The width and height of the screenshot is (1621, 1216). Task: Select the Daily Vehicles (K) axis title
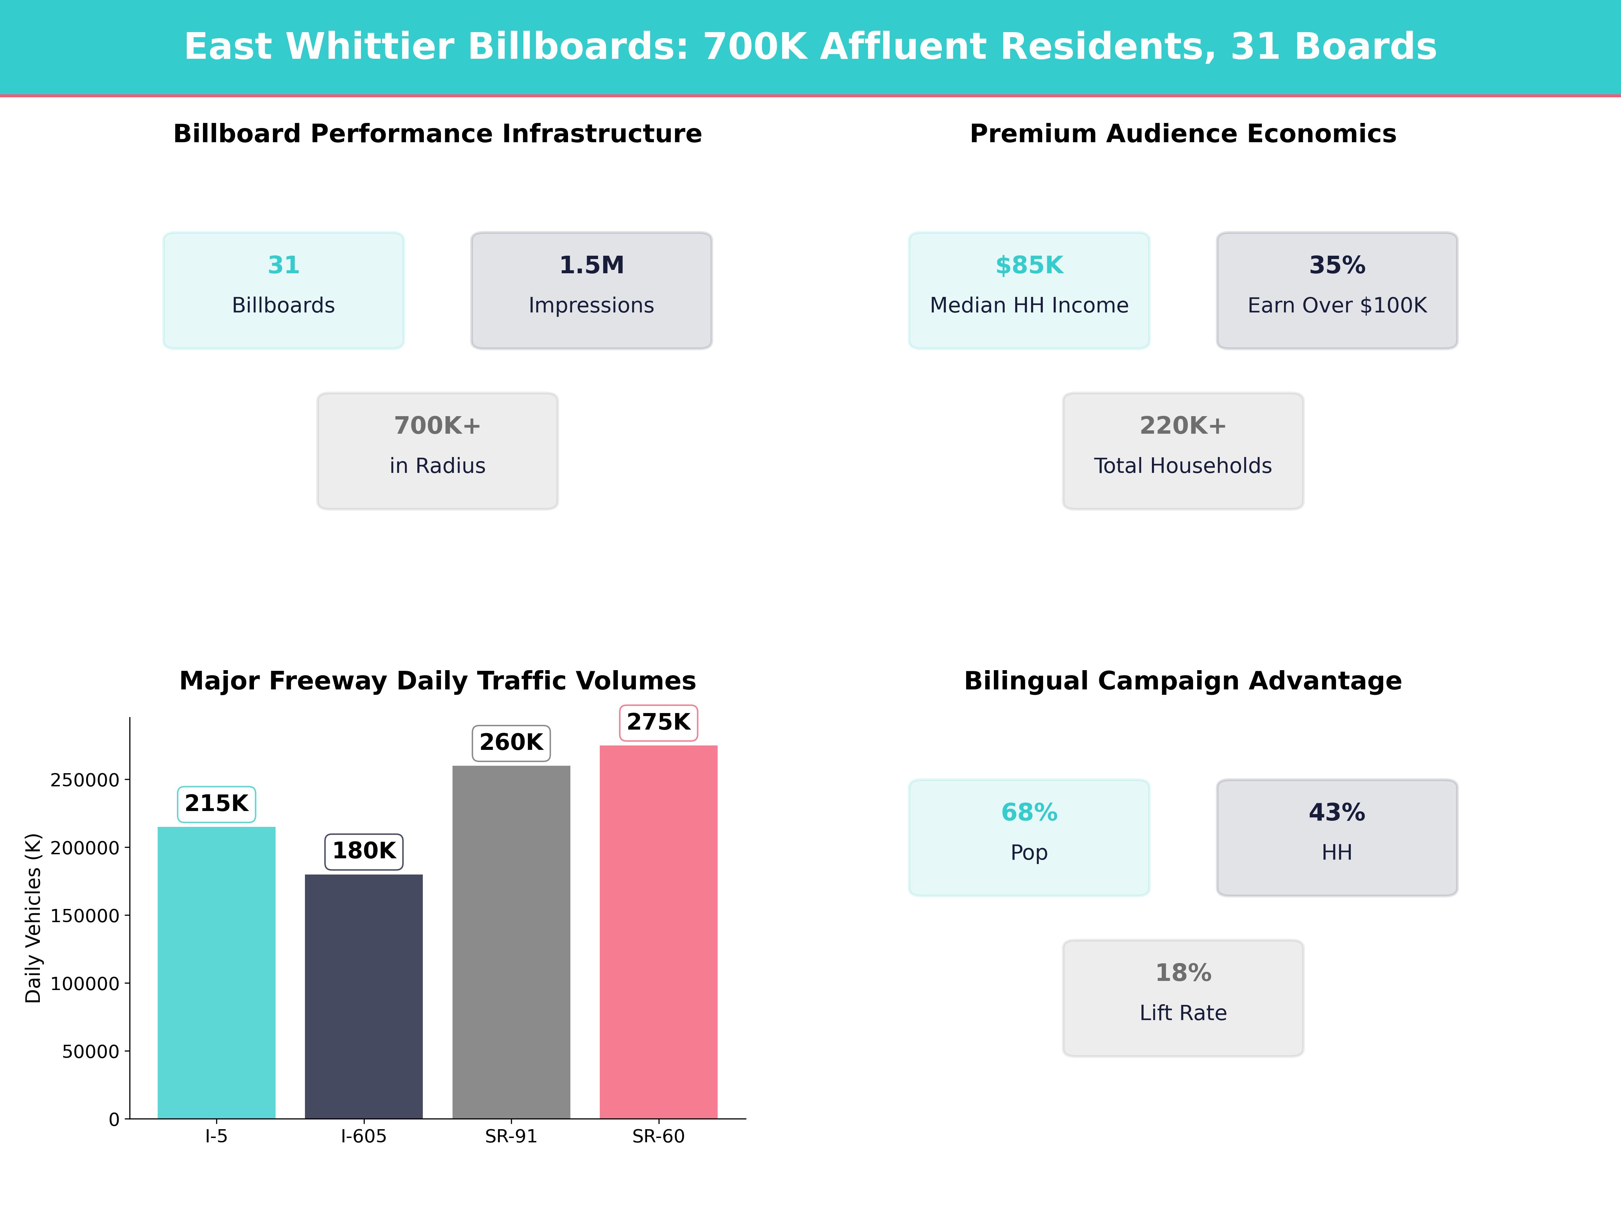point(33,918)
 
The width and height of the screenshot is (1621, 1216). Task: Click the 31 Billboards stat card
point(284,290)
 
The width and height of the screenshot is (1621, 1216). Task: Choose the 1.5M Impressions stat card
point(591,290)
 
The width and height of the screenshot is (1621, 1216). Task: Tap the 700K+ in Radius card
point(437,451)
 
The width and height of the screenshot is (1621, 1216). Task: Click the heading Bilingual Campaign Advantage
point(1183,681)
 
